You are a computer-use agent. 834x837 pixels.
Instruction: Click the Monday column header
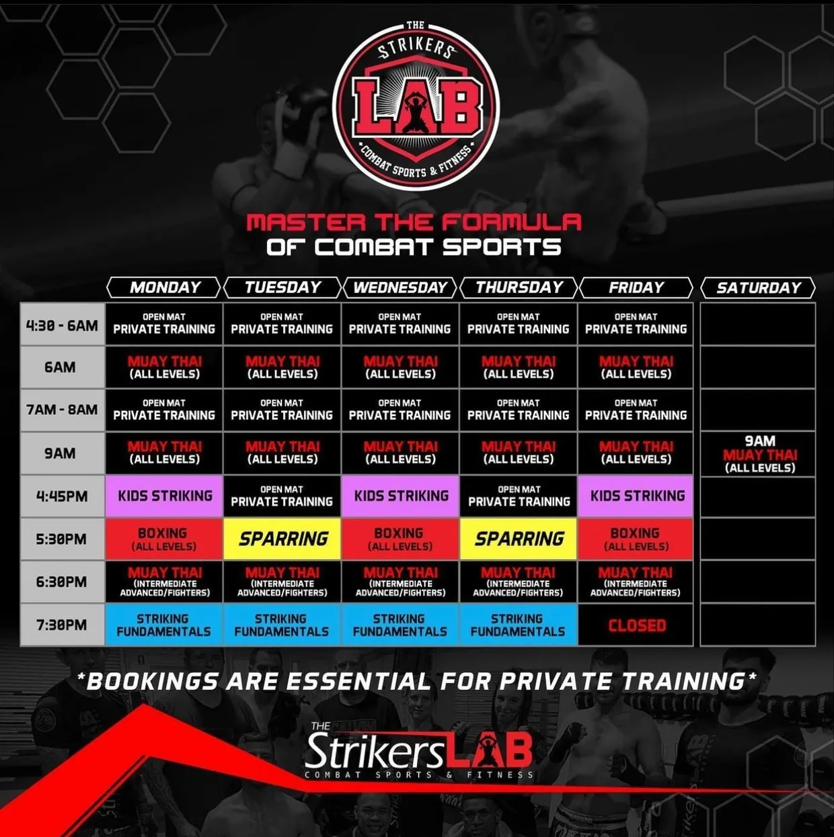[x=164, y=288]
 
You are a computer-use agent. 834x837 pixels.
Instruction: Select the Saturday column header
[x=758, y=288]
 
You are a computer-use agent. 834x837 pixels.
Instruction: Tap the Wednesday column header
[x=400, y=288]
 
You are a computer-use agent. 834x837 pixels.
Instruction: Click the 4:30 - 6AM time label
[x=62, y=325]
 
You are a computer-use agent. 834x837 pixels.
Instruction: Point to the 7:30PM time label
[x=62, y=625]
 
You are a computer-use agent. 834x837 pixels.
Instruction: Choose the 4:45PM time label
[x=62, y=496]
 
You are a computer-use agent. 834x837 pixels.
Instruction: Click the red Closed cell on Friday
[x=636, y=625]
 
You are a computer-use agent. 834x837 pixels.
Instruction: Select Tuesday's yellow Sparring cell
[x=282, y=539]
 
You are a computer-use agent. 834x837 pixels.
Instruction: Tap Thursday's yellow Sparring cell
[x=519, y=539]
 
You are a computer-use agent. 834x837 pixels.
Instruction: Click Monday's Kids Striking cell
[x=164, y=496]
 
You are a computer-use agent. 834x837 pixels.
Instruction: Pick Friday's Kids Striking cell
[x=636, y=496]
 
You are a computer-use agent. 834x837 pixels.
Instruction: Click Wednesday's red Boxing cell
[x=400, y=539]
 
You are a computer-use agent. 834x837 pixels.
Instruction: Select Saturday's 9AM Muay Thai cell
[x=759, y=454]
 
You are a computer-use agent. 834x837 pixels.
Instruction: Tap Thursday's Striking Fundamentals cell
[x=519, y=625]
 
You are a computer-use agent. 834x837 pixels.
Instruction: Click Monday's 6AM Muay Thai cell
[x=164, y=368]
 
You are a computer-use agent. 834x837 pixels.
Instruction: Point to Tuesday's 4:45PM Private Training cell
[x=282, y=496]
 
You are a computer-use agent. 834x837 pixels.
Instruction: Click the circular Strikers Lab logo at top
[x=416, y=106]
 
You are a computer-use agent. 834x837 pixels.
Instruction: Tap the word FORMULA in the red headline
[x=511, y=223]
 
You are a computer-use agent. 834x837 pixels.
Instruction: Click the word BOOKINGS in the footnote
[x=153, y=681]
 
